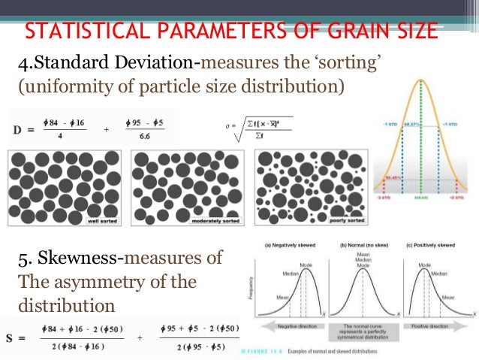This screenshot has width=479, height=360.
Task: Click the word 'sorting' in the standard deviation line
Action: pyautogui.click(x=351, y=61)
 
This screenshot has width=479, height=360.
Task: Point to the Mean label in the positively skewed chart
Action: pyautogui.click(x=448, y=298)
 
